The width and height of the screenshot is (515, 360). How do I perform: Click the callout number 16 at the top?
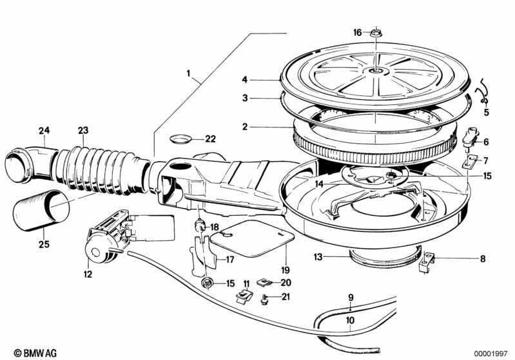point(357,32)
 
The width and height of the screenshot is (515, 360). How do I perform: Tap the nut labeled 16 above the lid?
point(376,33)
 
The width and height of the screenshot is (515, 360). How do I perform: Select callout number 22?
point(211,139)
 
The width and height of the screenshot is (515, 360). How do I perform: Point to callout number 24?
point(44,131)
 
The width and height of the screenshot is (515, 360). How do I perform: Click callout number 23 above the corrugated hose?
point(83,131)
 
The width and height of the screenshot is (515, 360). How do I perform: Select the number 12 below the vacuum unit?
point(88,274)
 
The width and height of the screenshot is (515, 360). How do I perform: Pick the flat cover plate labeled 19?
point(252,238)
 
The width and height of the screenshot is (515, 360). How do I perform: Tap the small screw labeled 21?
point(264,299)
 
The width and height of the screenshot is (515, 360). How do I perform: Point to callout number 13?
point(318,256)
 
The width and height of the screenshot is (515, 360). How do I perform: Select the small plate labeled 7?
point(469,162)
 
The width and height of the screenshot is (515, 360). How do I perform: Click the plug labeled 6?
point(471,137)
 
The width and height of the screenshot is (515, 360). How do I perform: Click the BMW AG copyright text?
point(35,353)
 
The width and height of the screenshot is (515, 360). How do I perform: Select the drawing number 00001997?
point(491,354)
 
